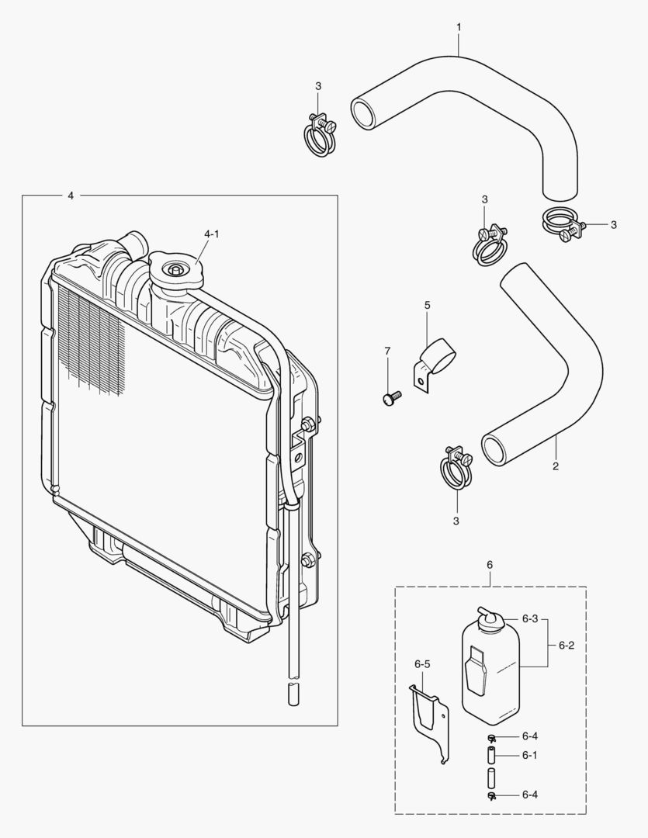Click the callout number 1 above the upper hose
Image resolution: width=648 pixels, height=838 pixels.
(x=459, y=27)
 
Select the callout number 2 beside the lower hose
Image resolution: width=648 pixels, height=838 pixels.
(x=556, y=466)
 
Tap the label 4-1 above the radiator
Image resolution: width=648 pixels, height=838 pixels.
(x=211, y=234)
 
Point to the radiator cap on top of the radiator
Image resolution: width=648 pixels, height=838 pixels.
(x=175, y=272)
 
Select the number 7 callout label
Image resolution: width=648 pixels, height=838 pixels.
(x=387, y=351)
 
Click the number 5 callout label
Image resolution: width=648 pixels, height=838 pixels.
(x=427, y=305)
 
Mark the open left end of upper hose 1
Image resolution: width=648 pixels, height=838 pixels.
(x=362, y=113)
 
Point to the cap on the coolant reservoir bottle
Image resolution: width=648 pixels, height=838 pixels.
(x=490, y=618)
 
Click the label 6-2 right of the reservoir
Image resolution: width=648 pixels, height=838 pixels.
(x=567, y=644)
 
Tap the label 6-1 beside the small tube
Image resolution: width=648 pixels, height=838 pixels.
(x=530, y=754)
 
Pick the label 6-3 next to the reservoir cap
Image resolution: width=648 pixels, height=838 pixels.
(x=530, y=619)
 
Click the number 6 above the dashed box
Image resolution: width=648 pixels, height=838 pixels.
(x=490, y=565)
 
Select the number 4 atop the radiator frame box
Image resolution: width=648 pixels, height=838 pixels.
(x=71, y=196)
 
